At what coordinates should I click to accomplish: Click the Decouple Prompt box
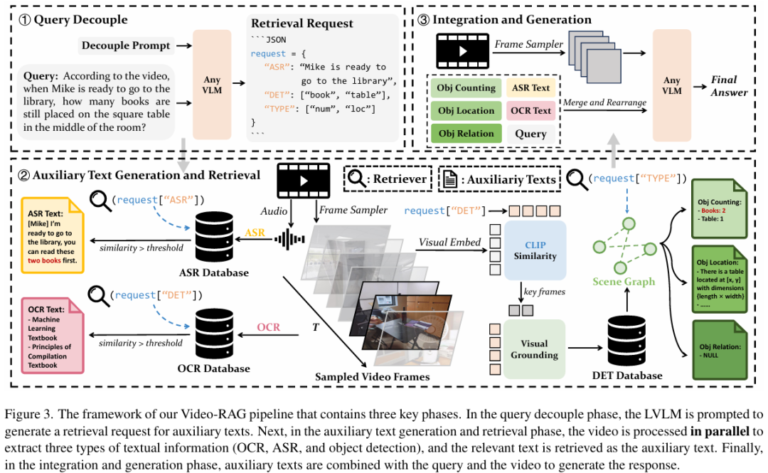(x=126, y=46)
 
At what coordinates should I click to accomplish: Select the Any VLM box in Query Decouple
(x=212, y=85)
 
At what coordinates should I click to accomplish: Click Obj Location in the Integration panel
(x=466, y=111)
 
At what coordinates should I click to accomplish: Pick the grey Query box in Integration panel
(x=530, y=133)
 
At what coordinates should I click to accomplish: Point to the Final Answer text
(x=729, y=85)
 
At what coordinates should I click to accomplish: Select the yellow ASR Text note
(x=53, y=235)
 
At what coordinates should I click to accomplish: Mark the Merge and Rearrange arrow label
(x=604, y=103)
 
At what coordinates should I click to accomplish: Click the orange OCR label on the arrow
(x=267, y=327)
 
